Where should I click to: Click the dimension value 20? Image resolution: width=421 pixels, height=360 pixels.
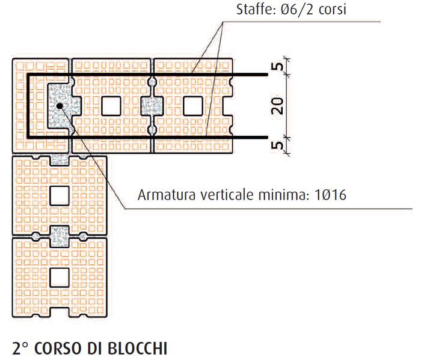pos(277,106)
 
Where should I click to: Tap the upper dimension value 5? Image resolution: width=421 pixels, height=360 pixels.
pos(277,67)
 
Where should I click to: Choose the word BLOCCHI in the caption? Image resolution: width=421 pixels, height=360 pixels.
pos(138,348)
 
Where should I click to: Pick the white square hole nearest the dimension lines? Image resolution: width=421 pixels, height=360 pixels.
pos(193,106)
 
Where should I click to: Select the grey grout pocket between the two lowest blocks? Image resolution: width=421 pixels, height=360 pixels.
pos(59,236)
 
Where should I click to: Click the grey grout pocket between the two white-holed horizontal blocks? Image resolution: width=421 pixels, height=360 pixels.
pos(150,106)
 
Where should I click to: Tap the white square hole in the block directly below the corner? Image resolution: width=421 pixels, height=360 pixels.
pos(59,195)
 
